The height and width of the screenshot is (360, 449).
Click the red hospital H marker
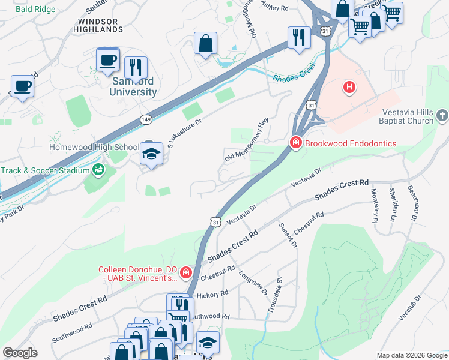tap(349, 88)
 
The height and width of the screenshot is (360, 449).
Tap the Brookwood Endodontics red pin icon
tap(295, 143)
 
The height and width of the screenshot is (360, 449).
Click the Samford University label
tap(133, 86)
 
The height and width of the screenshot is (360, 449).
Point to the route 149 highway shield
tap(146, 119)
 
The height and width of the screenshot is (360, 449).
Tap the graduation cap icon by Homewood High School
tap(151, 154)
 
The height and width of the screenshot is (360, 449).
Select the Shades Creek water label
tap(294, 78)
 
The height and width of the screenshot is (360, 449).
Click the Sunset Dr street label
tap(288, 235)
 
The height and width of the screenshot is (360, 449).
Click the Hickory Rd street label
tap(212, 295)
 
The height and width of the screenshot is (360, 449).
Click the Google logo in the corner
tap(20, 353)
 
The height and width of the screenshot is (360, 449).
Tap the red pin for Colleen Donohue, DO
tap(186, 273)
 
